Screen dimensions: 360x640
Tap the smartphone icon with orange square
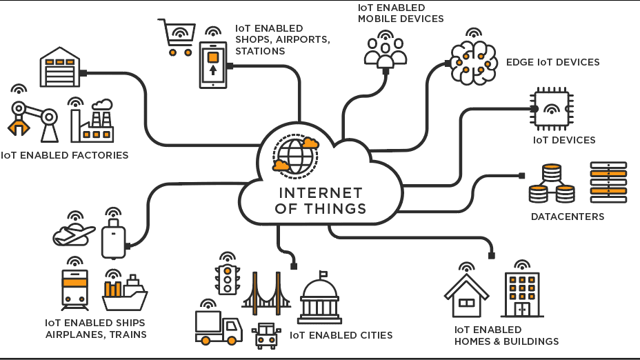(x=213, y=65)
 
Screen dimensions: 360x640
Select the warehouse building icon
(x=60, y=68)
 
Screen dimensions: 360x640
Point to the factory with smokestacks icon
(x=92, y=122)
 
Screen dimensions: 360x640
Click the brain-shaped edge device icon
(x=474, y=63)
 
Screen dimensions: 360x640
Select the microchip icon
(x=552, y=109)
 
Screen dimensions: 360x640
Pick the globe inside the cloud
(x=296, y=156)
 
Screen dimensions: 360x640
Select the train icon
(x=74, y=290)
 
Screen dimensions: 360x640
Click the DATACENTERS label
(x=567, y=217)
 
